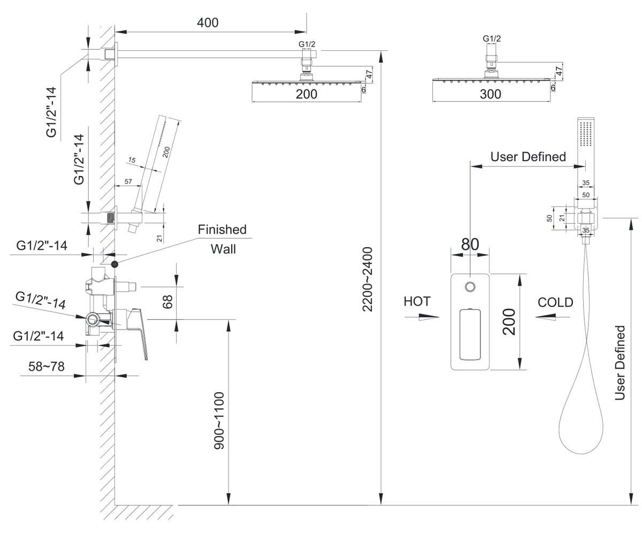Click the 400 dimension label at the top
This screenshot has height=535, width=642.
(x=208, y=22)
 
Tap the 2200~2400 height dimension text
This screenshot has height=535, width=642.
(x=368, y=279)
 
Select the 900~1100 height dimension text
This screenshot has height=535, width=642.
(x=219, y=421)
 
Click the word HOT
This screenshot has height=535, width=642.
(x=417, y=301)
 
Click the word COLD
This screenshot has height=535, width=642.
(x=555, y=303)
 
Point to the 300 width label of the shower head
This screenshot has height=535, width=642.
(x=491, y=94)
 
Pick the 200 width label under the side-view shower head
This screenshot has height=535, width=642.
(x=307, y=94)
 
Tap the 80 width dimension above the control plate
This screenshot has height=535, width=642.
(x=470, y=244)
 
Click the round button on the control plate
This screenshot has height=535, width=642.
(x=470, y=287)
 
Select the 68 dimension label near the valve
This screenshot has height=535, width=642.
(x=167, y=302)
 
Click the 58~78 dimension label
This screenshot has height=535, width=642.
(x=47, y=366)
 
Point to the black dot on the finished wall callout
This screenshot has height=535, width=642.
(x=114, y=264)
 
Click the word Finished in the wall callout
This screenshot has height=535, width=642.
(x=222, y=230)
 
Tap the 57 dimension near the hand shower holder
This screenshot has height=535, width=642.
(x=128, y=181)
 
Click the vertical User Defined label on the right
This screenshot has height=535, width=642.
(x=620, y=363)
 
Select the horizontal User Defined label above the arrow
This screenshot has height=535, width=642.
(x=528, y=157)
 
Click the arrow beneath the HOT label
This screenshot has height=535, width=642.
(x=422, y=317)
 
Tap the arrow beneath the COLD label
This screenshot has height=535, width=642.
(x=552, y=317)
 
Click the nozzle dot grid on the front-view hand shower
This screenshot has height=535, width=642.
(x=585, y=134)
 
